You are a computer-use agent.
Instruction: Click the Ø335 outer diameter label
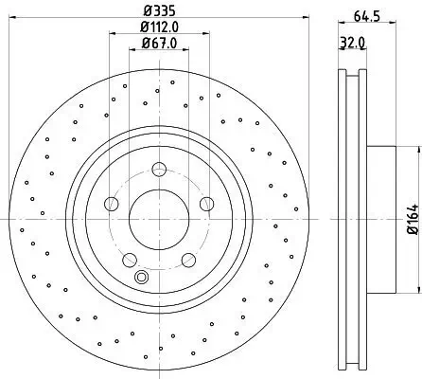(159, 12)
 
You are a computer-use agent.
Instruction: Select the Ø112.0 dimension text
(159, 28)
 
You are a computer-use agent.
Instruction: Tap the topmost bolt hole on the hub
(159, 171)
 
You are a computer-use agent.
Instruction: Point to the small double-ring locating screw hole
(142, 277)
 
